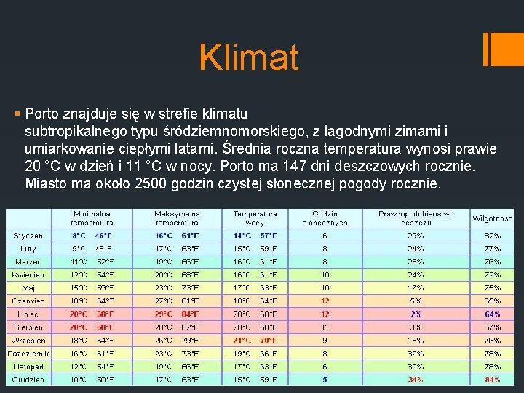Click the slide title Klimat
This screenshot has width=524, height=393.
249,57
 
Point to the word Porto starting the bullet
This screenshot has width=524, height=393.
42,114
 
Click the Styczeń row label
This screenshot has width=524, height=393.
28,236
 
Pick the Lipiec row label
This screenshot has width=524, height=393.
28,314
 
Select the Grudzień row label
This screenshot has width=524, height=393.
28,380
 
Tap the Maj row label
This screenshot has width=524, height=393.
28,288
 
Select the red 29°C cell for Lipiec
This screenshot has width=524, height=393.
164,314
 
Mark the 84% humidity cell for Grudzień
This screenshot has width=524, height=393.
493,380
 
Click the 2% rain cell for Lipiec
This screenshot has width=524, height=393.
416,314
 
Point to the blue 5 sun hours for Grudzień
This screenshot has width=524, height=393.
325,380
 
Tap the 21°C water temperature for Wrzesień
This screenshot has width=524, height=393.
242,341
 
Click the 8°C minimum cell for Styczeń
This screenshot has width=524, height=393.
79,236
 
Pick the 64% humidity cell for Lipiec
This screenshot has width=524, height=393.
493,314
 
